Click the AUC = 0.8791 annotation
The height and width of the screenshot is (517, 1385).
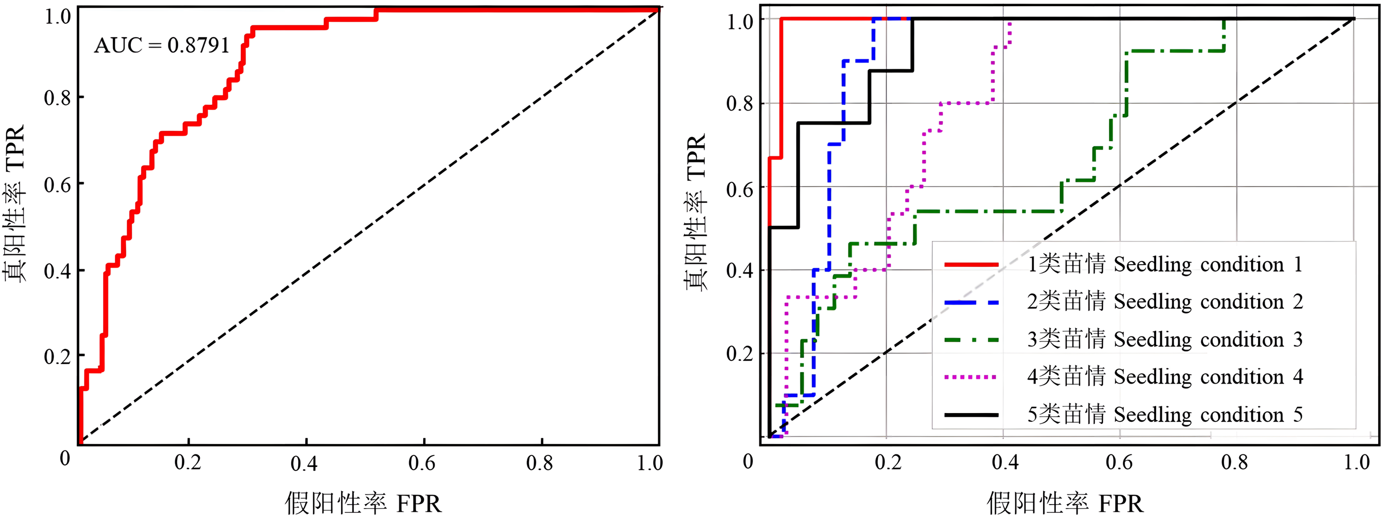[x=162, y=45]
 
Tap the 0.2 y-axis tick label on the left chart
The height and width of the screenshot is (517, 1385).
[x=57, y=356]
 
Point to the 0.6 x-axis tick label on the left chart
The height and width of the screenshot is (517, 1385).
[x=422, y=463]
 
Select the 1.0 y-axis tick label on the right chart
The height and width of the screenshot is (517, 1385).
[x=740, y=22]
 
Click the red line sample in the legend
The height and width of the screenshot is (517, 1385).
[x=971, y=265]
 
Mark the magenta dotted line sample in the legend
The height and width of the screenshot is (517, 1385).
[x=971, y=377]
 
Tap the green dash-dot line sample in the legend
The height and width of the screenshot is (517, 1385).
[x=971, y=340]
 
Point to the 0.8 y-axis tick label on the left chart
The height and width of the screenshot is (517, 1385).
[x=57, y=98]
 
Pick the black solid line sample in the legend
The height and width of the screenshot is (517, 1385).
[x=971, y=415]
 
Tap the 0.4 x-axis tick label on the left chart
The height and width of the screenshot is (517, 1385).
[x=304, y=463]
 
